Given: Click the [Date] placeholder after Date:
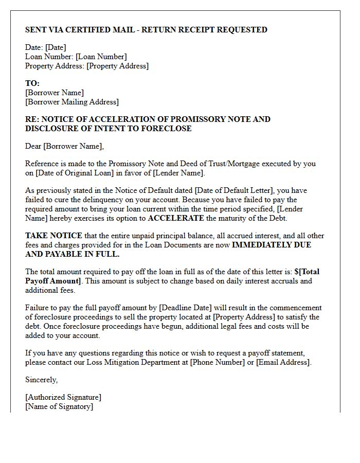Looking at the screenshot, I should pyautogui.click(x=56, y=47).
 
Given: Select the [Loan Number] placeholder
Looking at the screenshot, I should pyautogui.click(x=101, y=57).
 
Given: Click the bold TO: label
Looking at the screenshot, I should pyautogui.click(x=32, y=83).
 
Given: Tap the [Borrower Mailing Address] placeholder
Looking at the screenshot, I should pyautogui.click(x=72, y=102).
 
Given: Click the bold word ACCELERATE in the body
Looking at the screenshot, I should pyautogui.click(x=175, y=218).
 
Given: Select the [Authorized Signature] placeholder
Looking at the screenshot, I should pyautogui.click(x=63, y=397).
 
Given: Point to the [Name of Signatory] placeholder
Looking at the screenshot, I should pyautogui.click(x=59, y=406).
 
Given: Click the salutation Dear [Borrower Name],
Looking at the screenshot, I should pyautogui.click(x=64, y=146).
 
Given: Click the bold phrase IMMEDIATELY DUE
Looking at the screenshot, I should pyautogui.click(x=272, y=245).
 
